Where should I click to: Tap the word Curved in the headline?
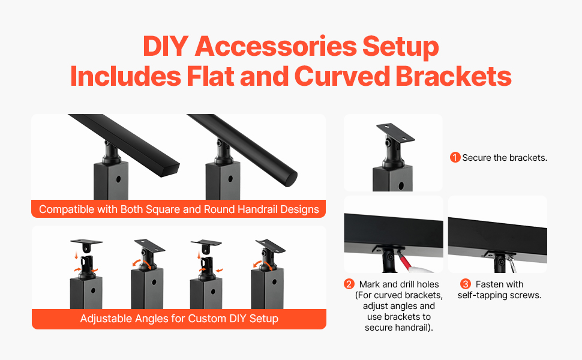[x=341, y=76]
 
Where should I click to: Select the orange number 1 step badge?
[x=455, y=157]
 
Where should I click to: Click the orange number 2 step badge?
[x=349, y=284]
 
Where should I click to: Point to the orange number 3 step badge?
[x=466, y=284]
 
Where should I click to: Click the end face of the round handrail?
[x=290, y=179]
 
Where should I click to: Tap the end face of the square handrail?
[x=170, y=171]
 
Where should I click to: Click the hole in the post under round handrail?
[x=230, y=179]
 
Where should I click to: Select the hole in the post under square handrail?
[x=118, y=179]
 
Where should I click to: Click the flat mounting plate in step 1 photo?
[x=395, y=133]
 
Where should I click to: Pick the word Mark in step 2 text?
[x=370, y=284]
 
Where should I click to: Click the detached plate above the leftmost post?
[x=86, y=242]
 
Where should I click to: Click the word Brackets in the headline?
[x=453, y=76]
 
